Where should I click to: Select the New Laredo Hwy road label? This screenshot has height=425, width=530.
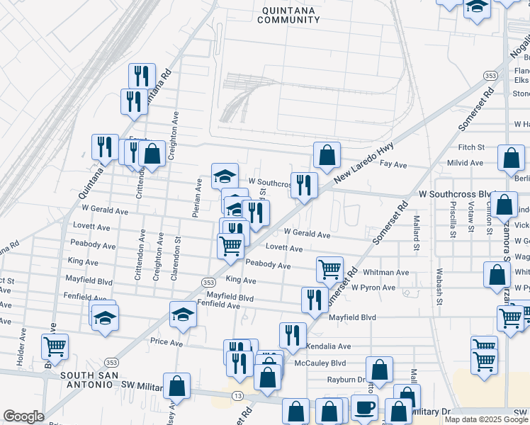point(363,159)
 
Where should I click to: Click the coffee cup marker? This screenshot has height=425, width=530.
point(364,408)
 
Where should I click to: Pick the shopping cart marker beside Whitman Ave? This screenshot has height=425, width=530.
point(329,269)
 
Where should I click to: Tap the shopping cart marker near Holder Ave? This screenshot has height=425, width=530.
point(55,346)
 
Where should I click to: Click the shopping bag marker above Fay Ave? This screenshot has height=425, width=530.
point(327,154)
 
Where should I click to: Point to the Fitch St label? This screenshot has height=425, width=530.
point(470,147)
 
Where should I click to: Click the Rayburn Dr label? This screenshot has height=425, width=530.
point(345,380)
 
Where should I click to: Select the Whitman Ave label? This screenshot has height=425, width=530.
point(385,273)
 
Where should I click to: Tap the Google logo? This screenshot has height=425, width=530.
point(23,416)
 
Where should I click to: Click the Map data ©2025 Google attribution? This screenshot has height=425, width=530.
point(486,419)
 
